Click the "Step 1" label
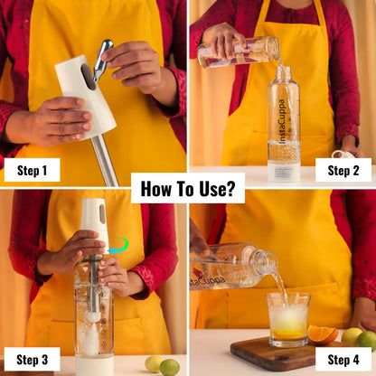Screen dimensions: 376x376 coord(32,171)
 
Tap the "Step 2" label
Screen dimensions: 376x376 coord(343,171)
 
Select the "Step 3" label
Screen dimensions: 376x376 coord(32,360)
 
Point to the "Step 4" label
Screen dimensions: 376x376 coord(343,360)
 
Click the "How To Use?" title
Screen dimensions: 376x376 coord(188,189)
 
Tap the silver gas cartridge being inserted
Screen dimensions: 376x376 coord(102,60)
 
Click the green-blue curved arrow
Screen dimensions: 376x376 coord(118,246)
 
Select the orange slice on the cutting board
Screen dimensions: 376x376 coord(323,334)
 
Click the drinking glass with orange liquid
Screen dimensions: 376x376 coord(288,319)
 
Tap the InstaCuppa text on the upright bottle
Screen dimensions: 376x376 coord(281,121)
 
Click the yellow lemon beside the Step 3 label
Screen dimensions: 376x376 coord(154,364)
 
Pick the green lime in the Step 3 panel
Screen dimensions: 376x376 coord(170,367)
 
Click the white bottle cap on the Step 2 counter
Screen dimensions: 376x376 coord(343,155)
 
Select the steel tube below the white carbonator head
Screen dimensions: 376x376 coord(104,160)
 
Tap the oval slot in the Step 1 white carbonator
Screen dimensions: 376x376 coord(88,77)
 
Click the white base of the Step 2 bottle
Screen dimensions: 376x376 coord(284,173)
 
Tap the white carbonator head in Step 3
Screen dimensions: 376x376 coord(94,220)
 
